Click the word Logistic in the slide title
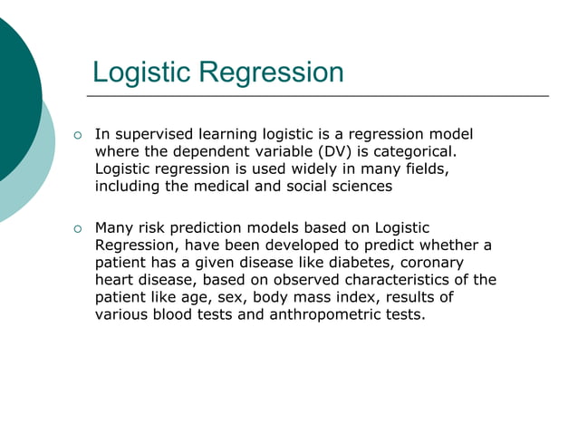point(143,72)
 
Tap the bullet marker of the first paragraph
point(78,135)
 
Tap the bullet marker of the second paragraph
point(78,228)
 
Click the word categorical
point(413,152)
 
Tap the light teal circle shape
point(36,172)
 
